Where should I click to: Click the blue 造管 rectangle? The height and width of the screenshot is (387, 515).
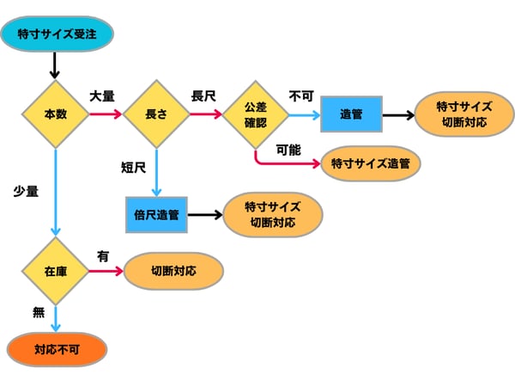tap(350, 114)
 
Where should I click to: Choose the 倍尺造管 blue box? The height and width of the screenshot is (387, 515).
tap(156, 215)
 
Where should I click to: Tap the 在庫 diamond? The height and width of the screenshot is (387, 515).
tap(55, 272)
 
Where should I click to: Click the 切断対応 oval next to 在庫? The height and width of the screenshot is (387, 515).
tap(173, 271)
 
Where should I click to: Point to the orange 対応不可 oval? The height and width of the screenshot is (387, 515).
tap(57, 350)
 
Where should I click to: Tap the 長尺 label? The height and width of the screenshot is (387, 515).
tap(203, 95)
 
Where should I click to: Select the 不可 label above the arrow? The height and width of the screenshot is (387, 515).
tap(300, 95)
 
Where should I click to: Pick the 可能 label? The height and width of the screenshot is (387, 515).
tap(288, 149)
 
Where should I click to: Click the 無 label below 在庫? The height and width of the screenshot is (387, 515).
tap(38, 312)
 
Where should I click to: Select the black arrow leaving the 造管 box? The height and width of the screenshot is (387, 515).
tap(397, 114)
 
